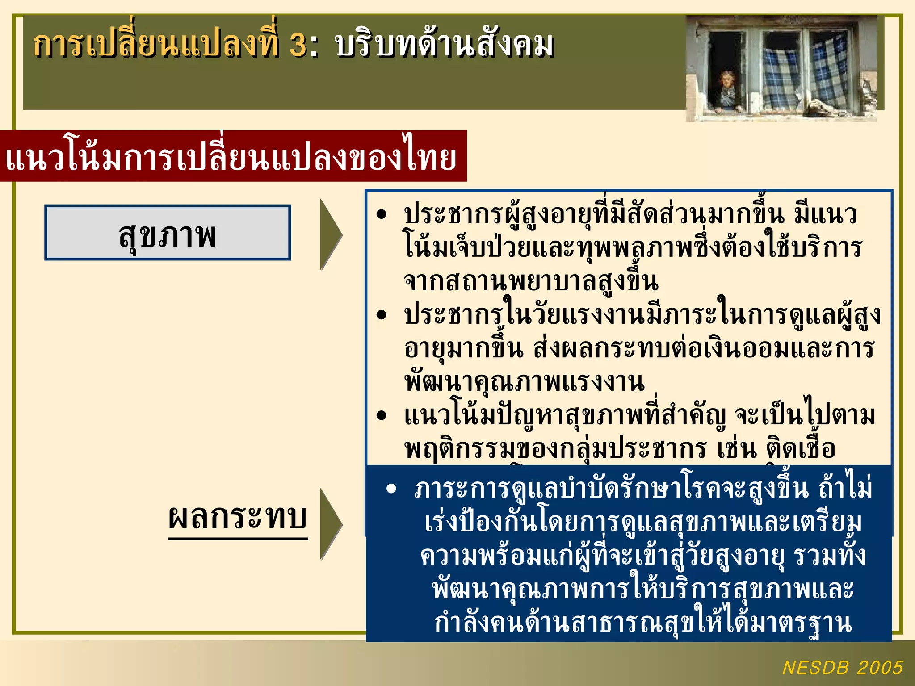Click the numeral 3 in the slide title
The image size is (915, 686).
coord(298,46)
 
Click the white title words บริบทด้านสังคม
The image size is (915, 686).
coord(444,46)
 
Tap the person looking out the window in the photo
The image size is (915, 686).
coord(727,89)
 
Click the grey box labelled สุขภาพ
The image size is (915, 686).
coord(168,233)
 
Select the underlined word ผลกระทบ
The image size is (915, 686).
coord(238,518)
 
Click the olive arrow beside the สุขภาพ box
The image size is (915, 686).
coord(330,235)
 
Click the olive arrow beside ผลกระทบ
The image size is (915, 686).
coord(330,523)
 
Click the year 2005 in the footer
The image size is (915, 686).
coord(880,668)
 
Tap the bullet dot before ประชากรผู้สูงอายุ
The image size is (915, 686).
coord(381,215)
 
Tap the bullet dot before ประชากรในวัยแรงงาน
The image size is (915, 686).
coord(381,315)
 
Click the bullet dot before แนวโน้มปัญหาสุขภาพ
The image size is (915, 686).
coord(381,416)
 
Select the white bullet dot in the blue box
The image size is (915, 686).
coord(391,489)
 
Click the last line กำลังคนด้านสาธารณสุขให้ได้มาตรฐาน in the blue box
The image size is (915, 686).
coord(643,623)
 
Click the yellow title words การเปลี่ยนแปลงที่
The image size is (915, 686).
coord(156,46)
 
